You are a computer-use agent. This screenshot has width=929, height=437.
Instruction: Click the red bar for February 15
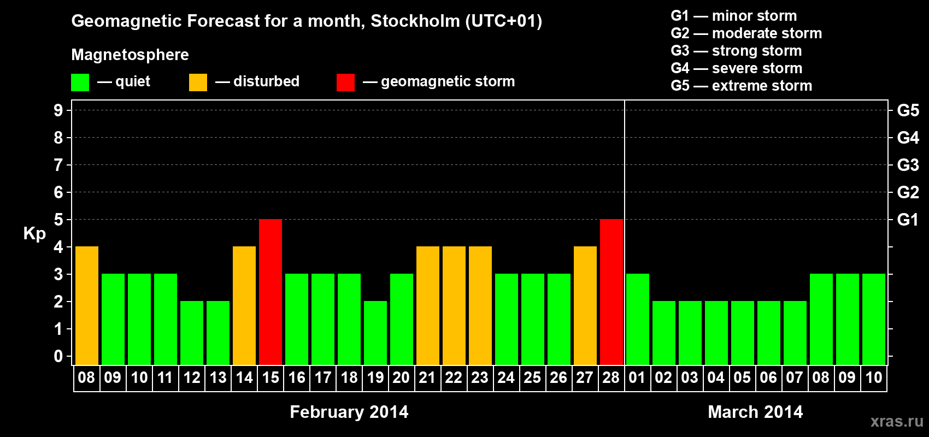271,292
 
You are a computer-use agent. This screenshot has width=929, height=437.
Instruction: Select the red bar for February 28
612,292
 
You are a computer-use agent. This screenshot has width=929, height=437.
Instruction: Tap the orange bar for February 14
244,305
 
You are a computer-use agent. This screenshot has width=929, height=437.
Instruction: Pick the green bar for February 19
375,333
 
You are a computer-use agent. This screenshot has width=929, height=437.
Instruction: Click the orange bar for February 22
454,305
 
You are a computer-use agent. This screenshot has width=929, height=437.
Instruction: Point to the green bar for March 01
638,319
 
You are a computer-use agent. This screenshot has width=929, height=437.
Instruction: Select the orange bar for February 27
585,305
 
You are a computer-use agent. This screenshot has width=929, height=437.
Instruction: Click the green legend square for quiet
80,82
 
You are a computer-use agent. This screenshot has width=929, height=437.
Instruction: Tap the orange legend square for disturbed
198,82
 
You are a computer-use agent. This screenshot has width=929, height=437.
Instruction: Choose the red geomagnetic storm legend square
346,82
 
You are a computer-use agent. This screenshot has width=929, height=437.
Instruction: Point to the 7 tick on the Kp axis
58,165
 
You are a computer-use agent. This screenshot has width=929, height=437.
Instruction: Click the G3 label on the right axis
908,165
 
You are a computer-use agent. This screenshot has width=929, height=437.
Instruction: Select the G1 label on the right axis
908,220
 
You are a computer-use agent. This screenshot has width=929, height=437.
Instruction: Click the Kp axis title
34,234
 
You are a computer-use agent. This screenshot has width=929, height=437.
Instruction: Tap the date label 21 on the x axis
427,377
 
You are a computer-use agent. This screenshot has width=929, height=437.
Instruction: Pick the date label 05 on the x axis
742,377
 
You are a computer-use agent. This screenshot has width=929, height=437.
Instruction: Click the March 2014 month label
755,412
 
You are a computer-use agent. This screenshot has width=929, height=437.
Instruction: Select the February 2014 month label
349,412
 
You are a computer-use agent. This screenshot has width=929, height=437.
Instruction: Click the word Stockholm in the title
415,21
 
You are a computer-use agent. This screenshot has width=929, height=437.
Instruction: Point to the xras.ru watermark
897,421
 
